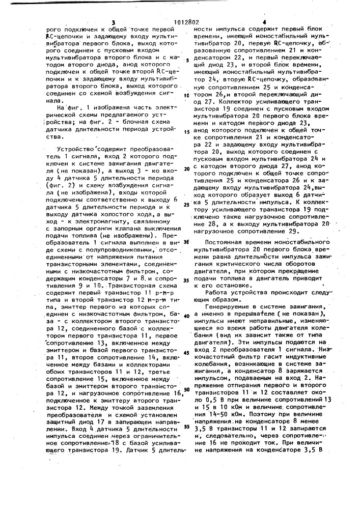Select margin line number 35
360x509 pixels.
coord(186,280)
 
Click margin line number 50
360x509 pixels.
coord(186,389)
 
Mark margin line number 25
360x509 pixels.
coord(186,205)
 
